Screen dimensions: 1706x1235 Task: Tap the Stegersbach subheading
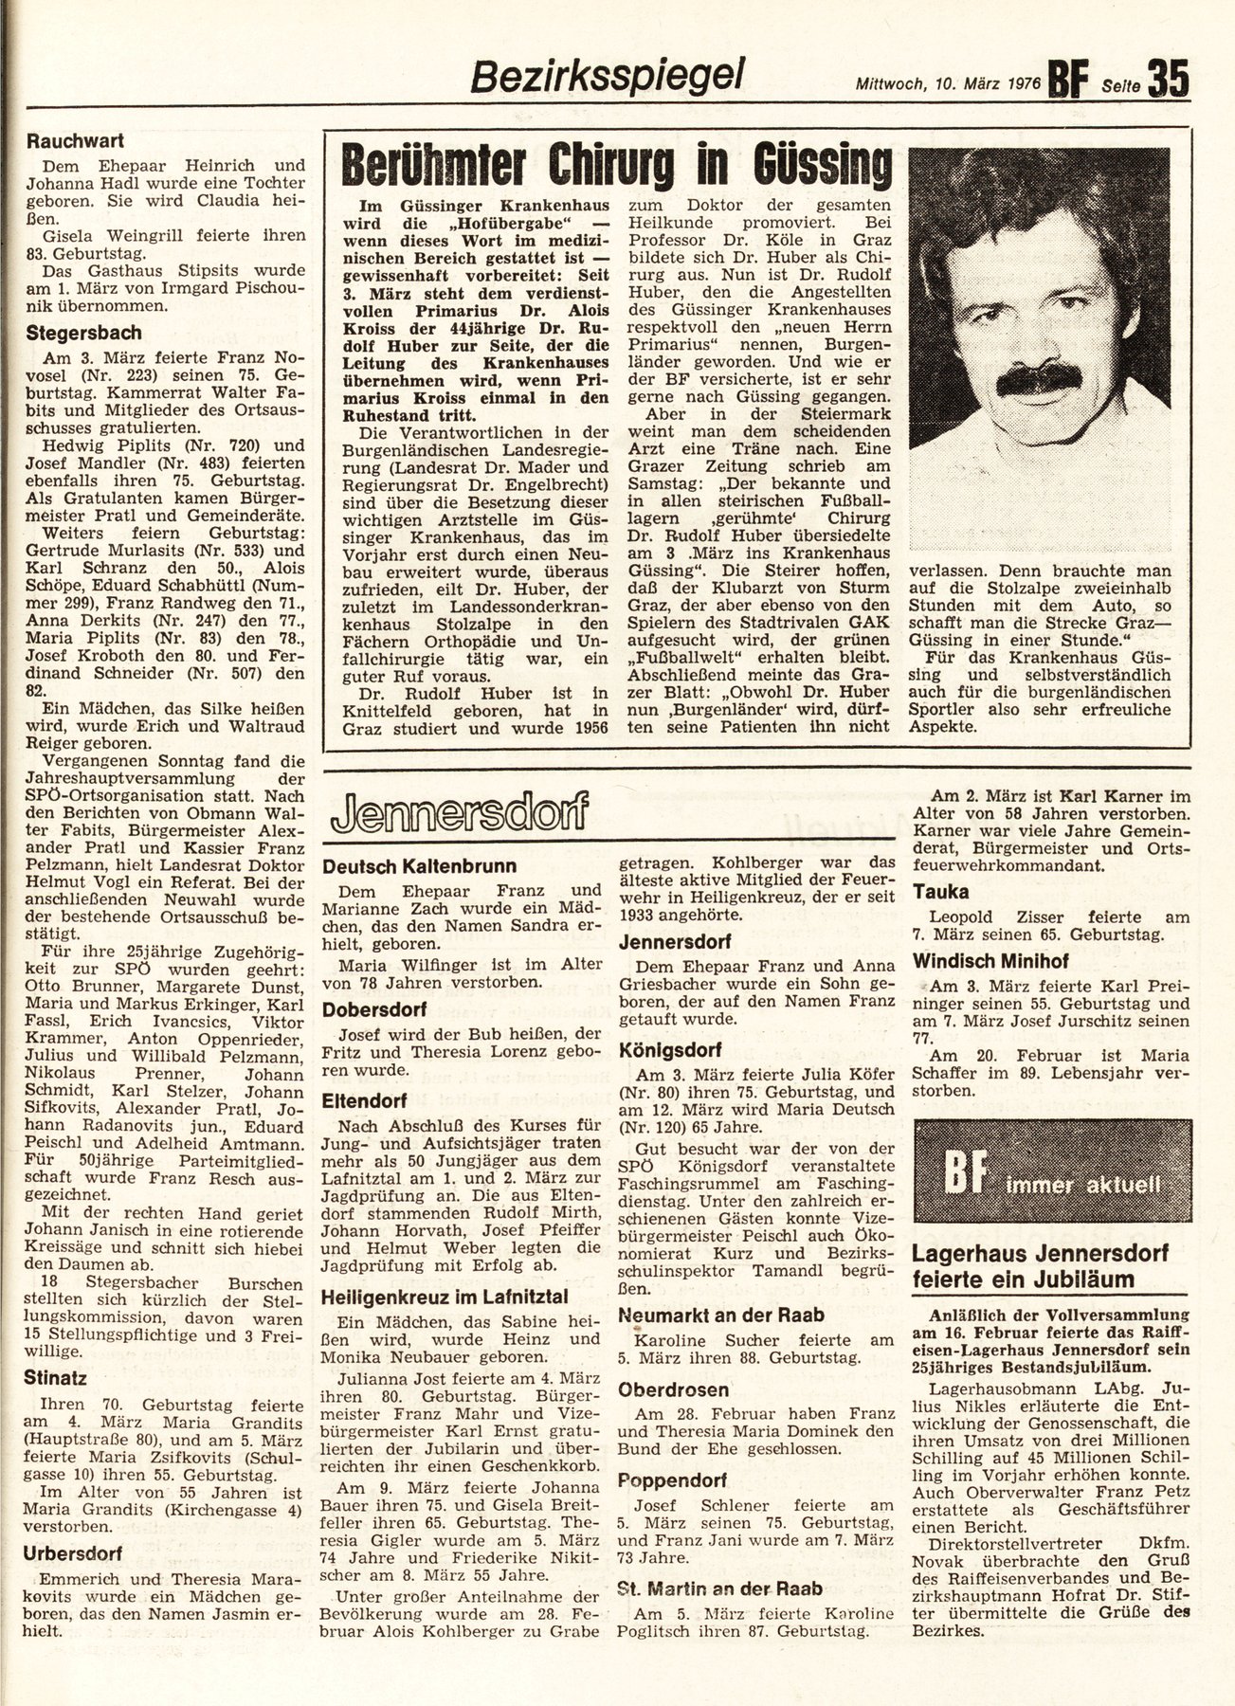[84, 333]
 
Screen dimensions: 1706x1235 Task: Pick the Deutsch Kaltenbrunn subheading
[420, 865]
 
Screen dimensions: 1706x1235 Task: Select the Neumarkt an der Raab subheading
[720, 1315]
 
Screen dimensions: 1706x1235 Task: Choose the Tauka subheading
[941, 892]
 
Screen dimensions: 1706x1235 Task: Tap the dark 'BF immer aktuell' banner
[1049, 1182]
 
